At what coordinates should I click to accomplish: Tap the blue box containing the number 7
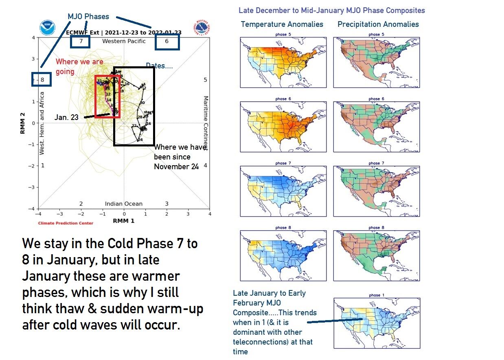coord(80,41)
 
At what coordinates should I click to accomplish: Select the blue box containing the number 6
coord(167,41)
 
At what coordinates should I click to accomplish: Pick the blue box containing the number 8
coord(42,80)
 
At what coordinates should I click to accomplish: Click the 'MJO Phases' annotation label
coord(88,17)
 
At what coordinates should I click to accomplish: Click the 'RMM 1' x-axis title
coord(124,220)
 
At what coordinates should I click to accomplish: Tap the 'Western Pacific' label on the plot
coord(124,41)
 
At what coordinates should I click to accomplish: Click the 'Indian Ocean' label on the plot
coord(124,204)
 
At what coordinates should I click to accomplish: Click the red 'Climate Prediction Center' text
coord(66,223)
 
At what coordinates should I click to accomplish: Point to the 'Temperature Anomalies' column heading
coord(282,24)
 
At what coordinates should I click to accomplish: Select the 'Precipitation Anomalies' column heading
coord(378,24)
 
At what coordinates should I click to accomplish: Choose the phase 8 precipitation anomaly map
coord(377,256)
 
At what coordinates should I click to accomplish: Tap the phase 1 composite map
coord(377,323)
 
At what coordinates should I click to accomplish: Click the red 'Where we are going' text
coord(79,66)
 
